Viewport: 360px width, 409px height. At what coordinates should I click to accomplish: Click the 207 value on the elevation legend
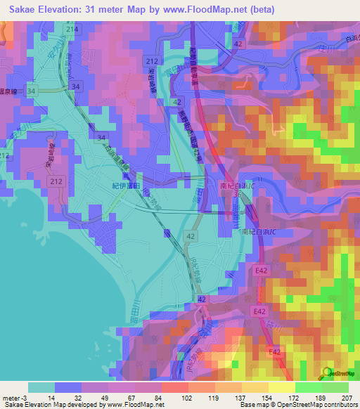tap(347, 397)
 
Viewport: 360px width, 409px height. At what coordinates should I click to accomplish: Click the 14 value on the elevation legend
tap(52, 397)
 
